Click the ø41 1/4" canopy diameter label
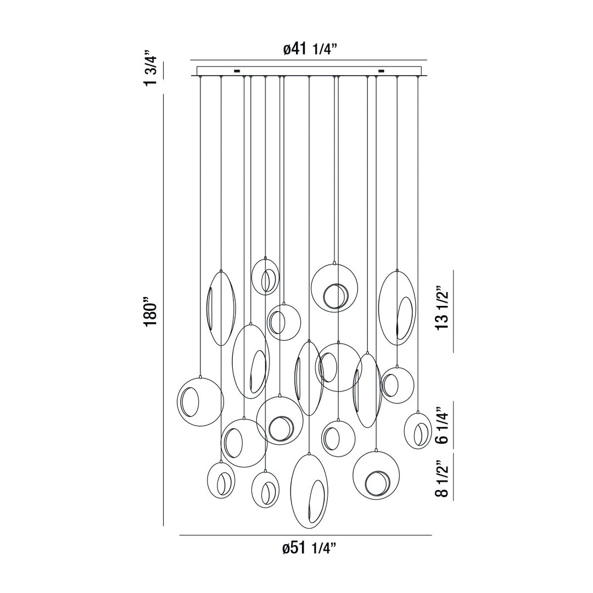(310, 49)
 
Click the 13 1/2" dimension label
(443, 307)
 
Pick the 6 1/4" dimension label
(443, 425)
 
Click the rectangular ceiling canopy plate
(310, 71)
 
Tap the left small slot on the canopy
(237, 70)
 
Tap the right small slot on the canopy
(381, 70)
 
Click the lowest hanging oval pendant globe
(309, 491)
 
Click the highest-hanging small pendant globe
(266, 276)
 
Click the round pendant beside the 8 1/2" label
(376, 475)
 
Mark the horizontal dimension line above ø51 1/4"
(305, 535)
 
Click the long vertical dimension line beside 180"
(164, 310)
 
